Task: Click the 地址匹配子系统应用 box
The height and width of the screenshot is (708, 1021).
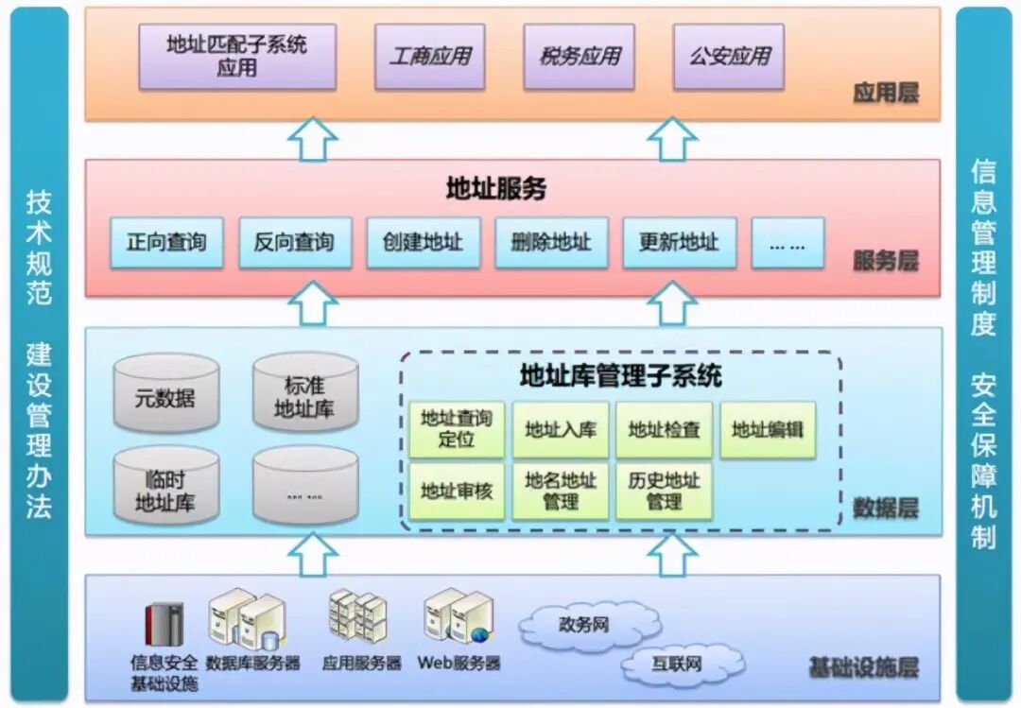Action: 237,57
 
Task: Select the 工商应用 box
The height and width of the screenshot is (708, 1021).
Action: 430,57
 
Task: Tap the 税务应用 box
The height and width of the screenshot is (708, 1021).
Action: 580,57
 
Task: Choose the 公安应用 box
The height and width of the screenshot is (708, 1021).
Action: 729,57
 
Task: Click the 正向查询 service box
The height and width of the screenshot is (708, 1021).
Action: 166,243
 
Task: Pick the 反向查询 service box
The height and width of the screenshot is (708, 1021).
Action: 294,243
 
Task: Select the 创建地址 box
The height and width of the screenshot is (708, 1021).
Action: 423,243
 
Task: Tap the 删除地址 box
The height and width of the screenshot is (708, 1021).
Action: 551,243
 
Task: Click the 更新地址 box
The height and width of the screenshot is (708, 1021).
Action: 679,243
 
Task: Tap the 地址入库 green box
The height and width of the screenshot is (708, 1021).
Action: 561,430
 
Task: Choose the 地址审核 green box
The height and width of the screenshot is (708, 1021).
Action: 457,491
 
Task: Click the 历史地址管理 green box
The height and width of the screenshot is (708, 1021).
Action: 664,491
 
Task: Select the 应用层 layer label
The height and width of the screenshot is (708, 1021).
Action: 885,94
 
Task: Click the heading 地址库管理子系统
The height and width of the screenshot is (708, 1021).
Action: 620,376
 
